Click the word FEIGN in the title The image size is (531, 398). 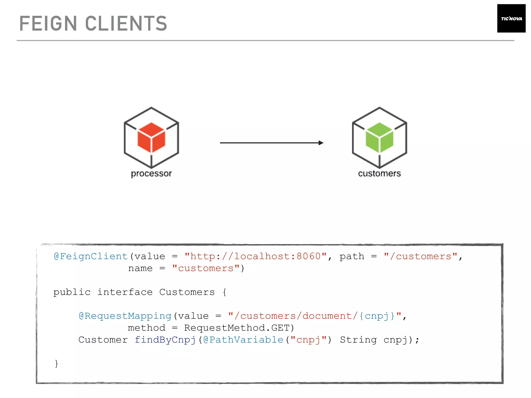click(48, 24)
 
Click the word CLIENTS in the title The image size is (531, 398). click(126, 24)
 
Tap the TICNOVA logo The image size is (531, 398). click(511, 18)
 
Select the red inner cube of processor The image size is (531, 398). click(151, 137)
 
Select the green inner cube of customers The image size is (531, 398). click(379, 137)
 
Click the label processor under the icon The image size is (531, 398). click(151, 173)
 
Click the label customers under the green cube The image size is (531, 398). click(379, 173)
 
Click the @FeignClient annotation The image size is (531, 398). click(91, 256)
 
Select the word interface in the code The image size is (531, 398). click(125, 292)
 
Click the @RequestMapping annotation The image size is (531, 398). click(125, 316)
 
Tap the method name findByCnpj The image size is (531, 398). click(165, 340)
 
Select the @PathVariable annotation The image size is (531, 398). click(243, 340)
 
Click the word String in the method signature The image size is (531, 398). click(358, 340)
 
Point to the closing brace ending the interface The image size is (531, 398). click(56, 364)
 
